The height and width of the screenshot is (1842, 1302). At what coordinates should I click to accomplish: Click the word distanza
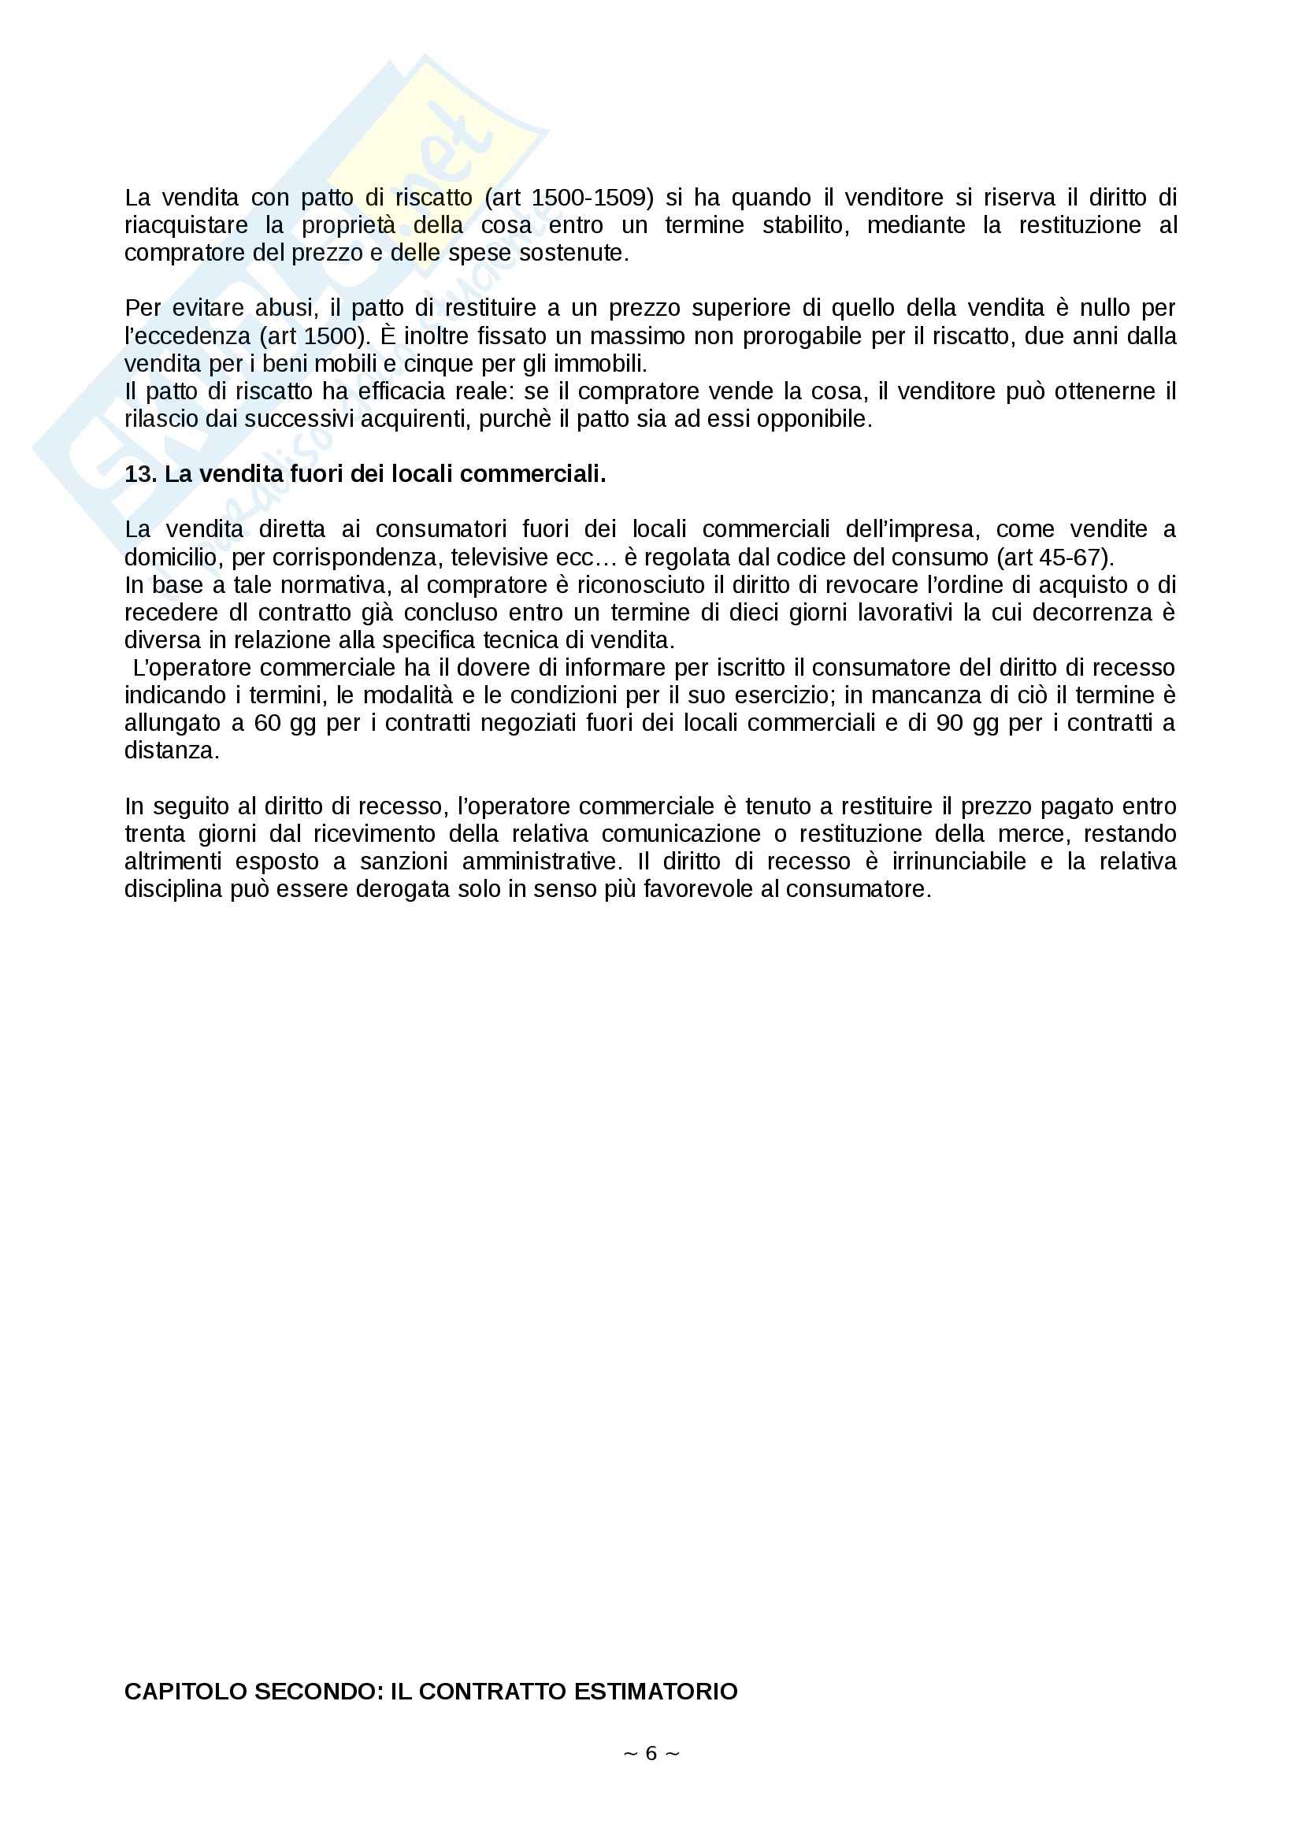pos(171,751)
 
